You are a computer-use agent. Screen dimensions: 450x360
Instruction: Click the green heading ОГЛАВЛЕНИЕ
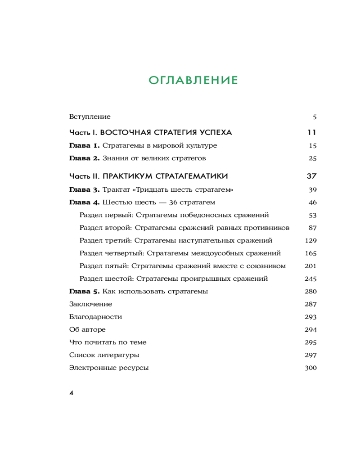click(193, 81)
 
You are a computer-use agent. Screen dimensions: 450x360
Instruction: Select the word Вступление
click(90, 117)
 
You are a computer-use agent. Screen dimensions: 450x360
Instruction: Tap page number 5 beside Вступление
click(315, 117)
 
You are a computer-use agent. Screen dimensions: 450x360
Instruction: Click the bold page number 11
click(311, 133)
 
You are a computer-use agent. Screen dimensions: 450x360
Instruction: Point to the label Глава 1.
click(84, 146)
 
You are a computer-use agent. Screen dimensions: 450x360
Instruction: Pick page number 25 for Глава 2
click(313, 158)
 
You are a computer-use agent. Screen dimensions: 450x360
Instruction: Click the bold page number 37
click(311, 175)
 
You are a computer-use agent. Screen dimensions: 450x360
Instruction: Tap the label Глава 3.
click(84, 189)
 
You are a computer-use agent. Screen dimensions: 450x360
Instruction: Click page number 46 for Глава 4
click(313, 202)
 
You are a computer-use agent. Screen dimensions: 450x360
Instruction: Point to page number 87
click(313, 228)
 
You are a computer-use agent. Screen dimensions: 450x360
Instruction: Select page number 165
click(311, 253)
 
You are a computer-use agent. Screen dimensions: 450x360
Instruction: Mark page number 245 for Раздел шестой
click(311, 279)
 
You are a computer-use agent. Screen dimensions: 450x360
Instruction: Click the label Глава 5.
click(84, 291)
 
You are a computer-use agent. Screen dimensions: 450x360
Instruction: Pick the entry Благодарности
click(95, 317)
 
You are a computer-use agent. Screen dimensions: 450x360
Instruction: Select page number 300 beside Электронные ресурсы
click(311, 368)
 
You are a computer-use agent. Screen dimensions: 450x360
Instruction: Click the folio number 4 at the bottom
click(71, 393)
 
